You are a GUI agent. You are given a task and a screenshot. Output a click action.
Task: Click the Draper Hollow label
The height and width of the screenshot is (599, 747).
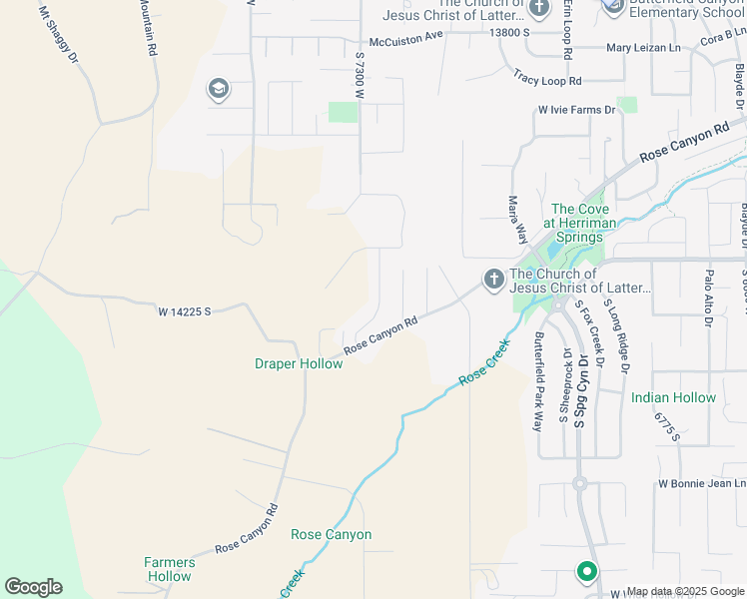299,363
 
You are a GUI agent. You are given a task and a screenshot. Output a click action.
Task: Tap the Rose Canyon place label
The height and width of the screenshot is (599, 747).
331,535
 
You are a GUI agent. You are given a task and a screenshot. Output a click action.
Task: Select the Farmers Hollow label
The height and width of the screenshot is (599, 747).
168,569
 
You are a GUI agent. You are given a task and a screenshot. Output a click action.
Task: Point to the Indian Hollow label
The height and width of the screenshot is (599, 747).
673,397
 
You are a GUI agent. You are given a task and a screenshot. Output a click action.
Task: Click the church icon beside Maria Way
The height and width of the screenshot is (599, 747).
493,280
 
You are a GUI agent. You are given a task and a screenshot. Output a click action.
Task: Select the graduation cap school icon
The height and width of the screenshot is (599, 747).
217,90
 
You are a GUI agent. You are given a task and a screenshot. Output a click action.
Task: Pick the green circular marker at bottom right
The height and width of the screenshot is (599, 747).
586,572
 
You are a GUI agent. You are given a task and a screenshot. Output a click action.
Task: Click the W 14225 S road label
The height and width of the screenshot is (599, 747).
185,311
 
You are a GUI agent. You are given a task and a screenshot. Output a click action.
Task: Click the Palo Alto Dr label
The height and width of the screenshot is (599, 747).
707,297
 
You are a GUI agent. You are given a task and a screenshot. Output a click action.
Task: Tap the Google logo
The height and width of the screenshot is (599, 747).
33,587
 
